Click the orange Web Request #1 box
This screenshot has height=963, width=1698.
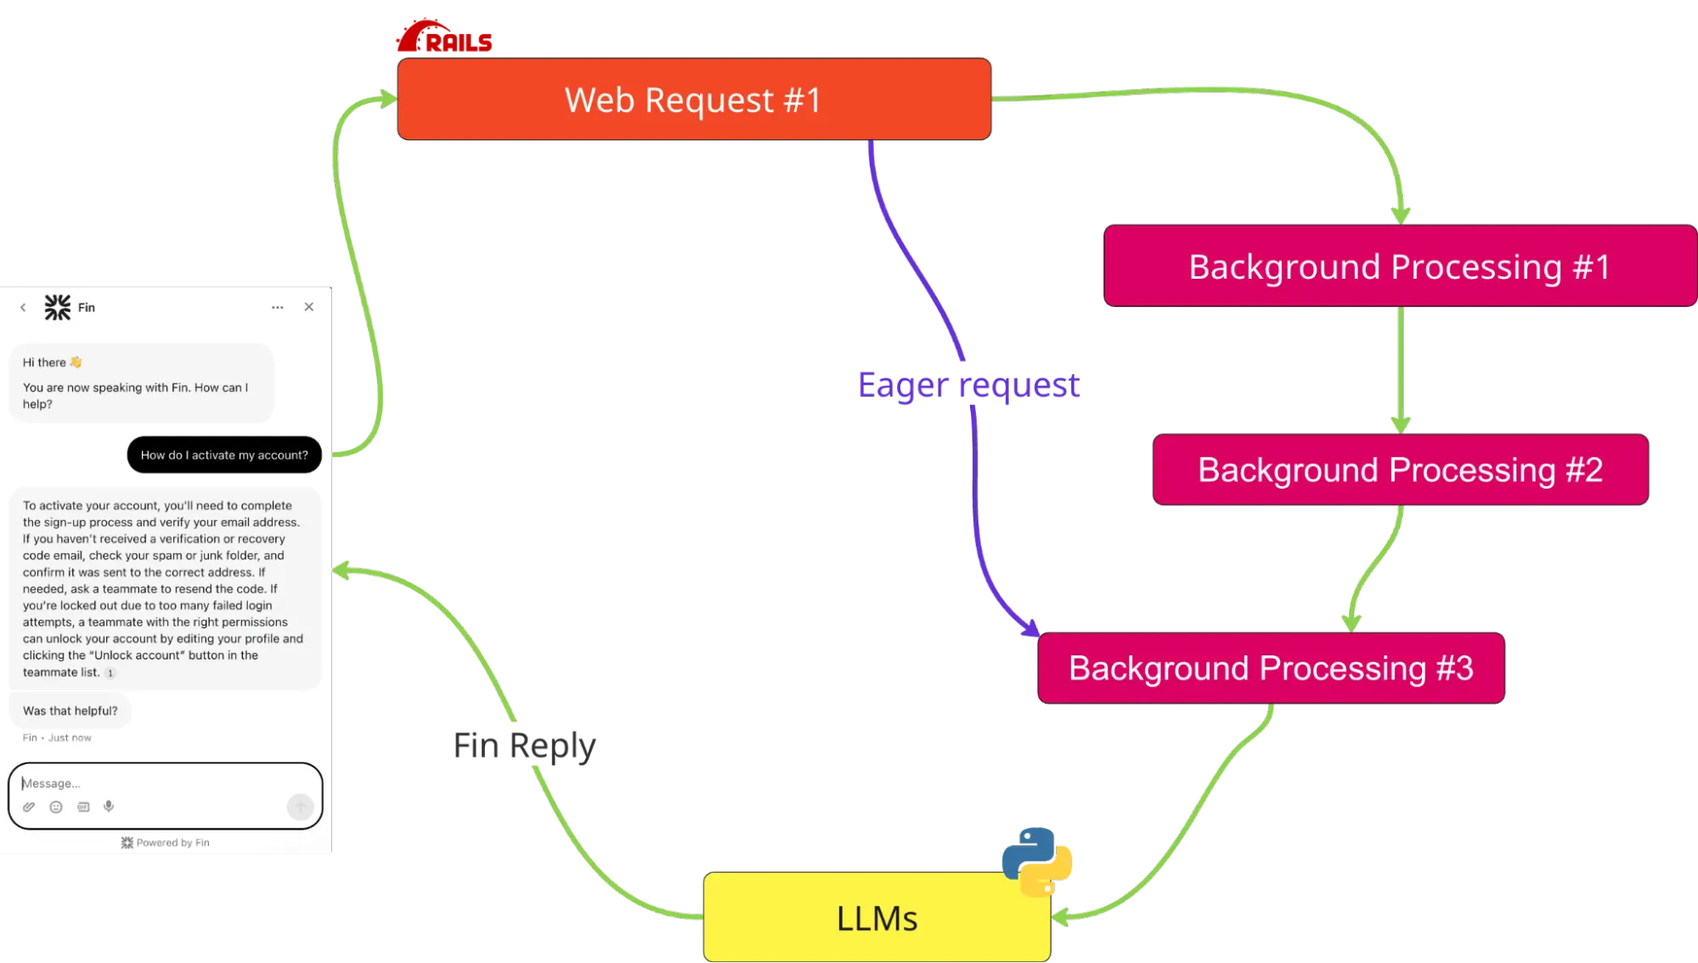[x=693, y=99]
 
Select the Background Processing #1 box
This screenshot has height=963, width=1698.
[x=1399, y=267]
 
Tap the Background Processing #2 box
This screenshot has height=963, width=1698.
[x=1400, y=470]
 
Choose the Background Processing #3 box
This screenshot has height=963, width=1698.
[x=1271, y=668]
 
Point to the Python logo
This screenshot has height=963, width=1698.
[x=1036, y=860]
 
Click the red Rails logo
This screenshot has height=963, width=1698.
[x=443, y=37]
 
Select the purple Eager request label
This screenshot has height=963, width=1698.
[x=967, y=385]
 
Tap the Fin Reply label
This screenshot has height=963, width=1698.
[x=525, y=745]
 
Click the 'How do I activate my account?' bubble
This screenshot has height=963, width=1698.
[x=224, y=455]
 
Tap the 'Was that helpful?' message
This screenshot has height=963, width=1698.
[x=71, y=711]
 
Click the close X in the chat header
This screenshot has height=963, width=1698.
[x=309, y=307]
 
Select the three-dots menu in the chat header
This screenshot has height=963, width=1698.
[x=277, y=307]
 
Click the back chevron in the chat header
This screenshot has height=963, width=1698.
[x=23, y=308]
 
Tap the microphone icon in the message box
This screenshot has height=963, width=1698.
[x=109, y=806]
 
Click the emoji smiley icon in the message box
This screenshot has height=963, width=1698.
[x=56, y=807]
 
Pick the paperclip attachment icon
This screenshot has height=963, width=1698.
[x=29, y=807]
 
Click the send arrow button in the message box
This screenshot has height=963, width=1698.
[x=300, y=806]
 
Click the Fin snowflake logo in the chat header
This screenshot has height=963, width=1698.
[x=58, y=307]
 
